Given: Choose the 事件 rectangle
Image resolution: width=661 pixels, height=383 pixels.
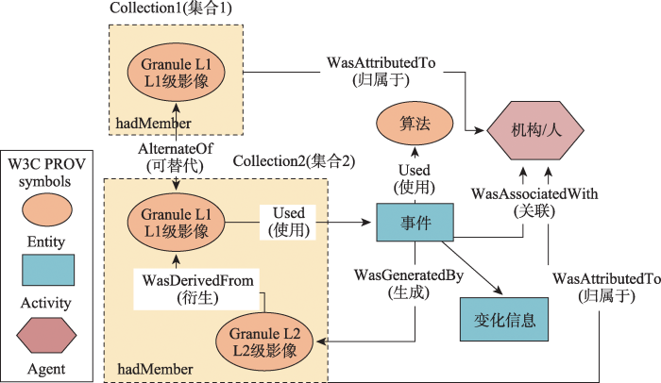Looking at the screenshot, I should coord(415,225).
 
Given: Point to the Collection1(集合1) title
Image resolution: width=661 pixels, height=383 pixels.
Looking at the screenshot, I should coord(170,8).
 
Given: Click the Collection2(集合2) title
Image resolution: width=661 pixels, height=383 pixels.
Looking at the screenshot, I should coord(294,160).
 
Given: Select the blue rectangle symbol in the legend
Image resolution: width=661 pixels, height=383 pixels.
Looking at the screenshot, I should coord(46,271).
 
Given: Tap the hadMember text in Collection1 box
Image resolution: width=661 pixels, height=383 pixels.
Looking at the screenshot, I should coord(154,124).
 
